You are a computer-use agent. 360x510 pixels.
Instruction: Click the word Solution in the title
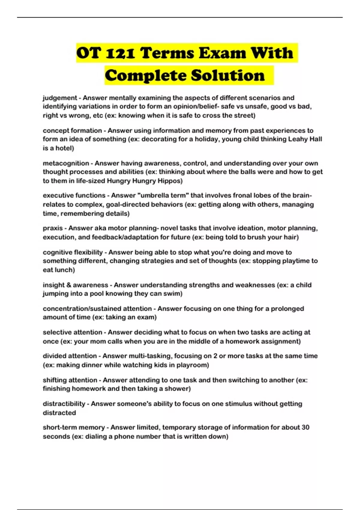(228, 75)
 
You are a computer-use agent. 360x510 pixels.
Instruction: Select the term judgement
(60, 98)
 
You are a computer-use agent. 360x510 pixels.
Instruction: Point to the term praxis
(53, 228)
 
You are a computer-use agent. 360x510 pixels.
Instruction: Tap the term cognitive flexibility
(73, 252)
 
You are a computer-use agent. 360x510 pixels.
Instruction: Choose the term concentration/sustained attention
(97, 309)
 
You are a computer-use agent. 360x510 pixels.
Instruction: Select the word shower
(178, 389)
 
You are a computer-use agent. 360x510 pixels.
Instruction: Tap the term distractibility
(64, 404)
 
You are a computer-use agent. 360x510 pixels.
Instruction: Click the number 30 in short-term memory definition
(305, 427)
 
